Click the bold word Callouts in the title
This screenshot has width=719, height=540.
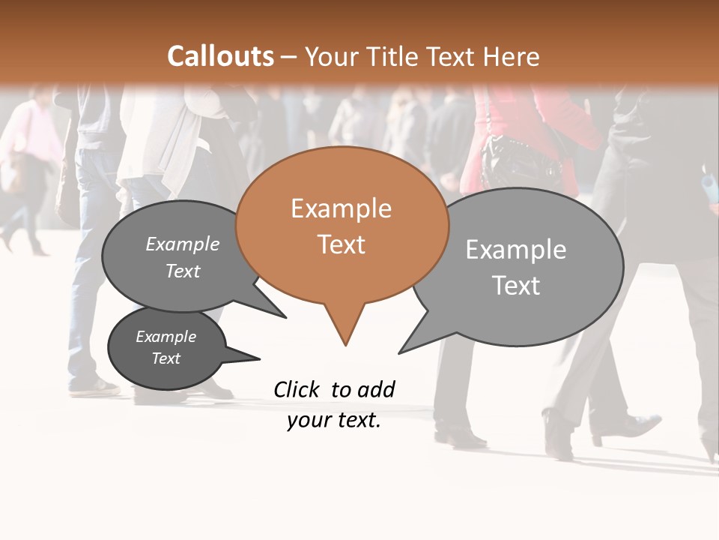(220, 56)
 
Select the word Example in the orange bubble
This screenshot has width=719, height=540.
(341, 208)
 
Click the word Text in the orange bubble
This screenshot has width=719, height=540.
(342, 244)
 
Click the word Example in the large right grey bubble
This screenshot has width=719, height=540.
(515, 250)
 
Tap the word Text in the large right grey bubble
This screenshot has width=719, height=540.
(516, 286)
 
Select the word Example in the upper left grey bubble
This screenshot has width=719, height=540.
(182, 244)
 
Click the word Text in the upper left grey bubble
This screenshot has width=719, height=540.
(182, 271)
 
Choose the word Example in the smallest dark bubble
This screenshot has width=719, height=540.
(166, 337)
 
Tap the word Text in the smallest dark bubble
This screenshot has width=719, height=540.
(166, 358)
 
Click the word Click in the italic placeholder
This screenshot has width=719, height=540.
(297, 389)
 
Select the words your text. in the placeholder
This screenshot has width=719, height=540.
(334, 421)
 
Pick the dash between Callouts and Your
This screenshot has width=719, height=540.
(290, 57)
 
